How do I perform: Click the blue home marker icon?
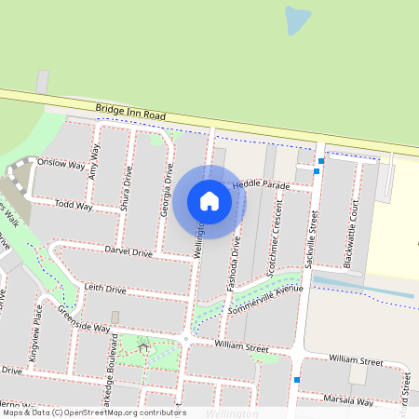[x=209, y=201]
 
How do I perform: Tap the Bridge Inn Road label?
[x=130, y=113]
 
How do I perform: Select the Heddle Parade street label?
[x=262, y=185]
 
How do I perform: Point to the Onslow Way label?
[x=61, y=162]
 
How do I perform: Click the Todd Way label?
[x=74, y=205]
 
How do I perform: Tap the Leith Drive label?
[x=105, y=290]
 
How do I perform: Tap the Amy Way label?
[x=93, y=165]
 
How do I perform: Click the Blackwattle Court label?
[x=350, y=239]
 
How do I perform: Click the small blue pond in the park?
[x=297, y=20]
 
